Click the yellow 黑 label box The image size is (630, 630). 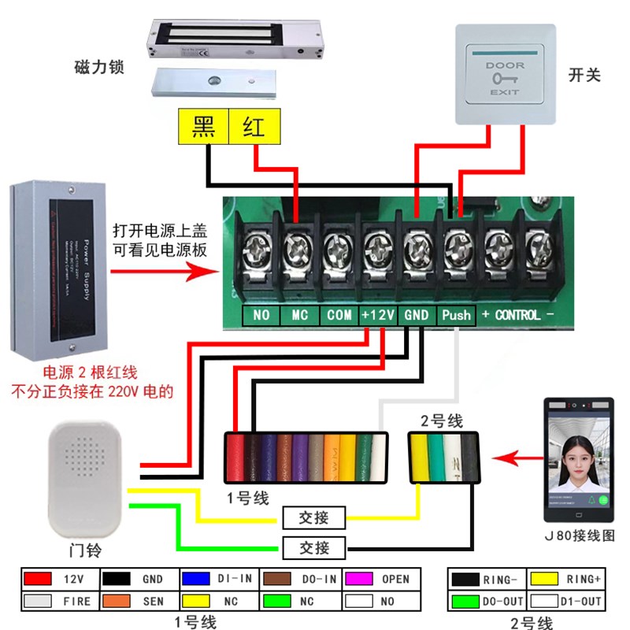click(x=204, y=127)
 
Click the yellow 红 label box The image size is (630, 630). click(x=253, y=127)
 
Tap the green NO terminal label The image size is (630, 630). click(x=261, y=315)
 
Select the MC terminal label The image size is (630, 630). click(x=299, y=315)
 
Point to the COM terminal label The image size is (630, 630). click(x=339, y=315)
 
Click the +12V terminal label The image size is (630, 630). click(x=378, y=315)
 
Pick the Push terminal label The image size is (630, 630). click(x=456, y=315)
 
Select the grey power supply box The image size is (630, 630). click(x=58, y=269)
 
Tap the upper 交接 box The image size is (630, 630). click(x=313, y=517)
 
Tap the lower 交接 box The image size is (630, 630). click(x=313, y=547)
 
